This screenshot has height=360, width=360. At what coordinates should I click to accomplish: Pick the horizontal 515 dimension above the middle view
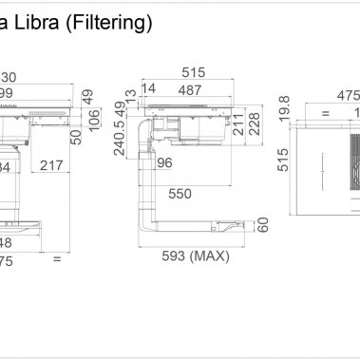[x=194, y=72]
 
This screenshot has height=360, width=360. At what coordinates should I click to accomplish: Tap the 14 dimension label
[x=147, y=88]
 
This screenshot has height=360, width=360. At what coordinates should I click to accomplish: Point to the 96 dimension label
[x=164, y=162]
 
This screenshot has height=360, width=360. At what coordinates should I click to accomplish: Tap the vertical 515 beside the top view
[x=283, y=162]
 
